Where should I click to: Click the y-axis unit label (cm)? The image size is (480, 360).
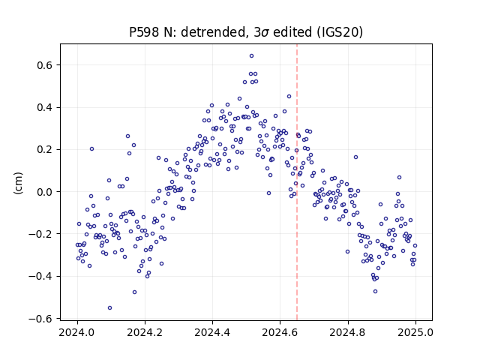[x=18, y=183]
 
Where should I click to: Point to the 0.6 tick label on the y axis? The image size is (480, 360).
[x=45, y=65]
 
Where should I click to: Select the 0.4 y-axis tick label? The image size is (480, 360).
[x=45, y=107]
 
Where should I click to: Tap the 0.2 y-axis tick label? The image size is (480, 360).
[x=45, y=150]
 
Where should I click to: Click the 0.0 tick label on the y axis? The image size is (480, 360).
[x=45, y=192]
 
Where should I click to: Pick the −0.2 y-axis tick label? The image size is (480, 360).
[x=41, y=234]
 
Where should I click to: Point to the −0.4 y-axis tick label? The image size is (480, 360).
[x=41, y=277]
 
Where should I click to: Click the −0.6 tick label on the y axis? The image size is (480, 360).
[x=41, y=319]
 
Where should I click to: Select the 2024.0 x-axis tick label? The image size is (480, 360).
[x=77, y=332]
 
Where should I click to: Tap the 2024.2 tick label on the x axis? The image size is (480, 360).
[x=145, y=332]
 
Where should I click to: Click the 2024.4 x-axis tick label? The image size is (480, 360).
[x=212, y=332]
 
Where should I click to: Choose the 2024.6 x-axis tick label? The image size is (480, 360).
[x=280, y=332]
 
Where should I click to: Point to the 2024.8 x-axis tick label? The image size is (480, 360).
[x=348, y=332]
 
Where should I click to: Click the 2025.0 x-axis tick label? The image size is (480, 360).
[x=415, y=332]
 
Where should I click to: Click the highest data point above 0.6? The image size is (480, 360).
[x=252, y=56]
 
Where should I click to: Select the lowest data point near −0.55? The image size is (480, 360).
[x=110, y=308]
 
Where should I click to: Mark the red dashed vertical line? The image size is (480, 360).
[x=297, y=182]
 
